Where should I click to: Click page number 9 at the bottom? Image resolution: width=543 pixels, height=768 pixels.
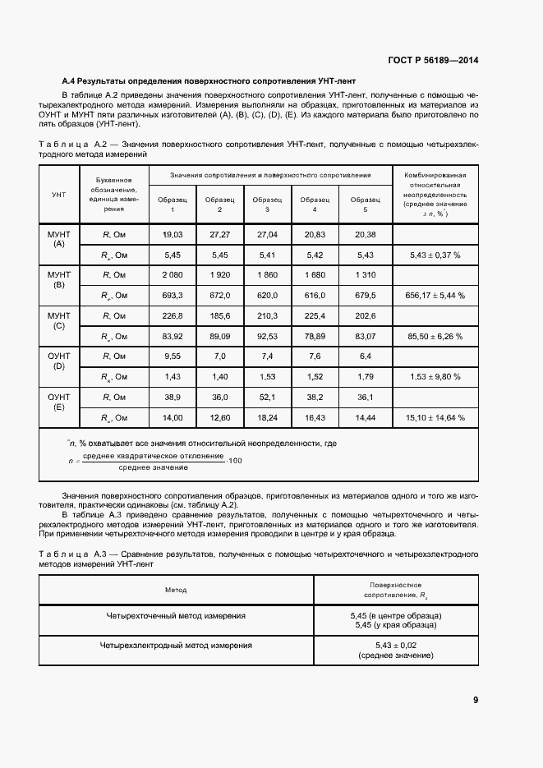[476, 700]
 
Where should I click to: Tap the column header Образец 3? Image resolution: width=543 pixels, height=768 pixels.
[267, 205]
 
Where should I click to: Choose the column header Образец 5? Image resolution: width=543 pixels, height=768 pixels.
[365, 205]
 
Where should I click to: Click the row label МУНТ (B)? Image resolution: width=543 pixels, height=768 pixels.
[58, 279]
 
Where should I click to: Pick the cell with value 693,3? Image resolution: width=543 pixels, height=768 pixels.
[173, 295]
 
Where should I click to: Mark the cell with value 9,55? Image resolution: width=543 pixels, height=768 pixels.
[173, 356]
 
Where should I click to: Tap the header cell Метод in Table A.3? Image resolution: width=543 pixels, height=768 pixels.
[176, 590]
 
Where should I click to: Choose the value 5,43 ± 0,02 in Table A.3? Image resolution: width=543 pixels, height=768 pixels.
[395, 646]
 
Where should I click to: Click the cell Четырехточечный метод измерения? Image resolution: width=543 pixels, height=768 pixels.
[176, 615]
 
